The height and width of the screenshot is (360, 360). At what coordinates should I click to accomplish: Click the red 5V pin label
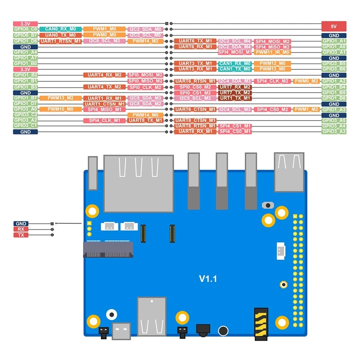point(334,26)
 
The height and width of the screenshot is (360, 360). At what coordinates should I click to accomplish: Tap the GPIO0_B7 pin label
point(25,35)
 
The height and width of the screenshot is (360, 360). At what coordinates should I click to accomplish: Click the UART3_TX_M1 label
point(195,63)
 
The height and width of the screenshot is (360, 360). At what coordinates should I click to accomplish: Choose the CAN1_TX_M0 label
point(234,69)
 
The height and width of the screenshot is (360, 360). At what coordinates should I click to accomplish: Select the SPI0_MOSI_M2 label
point(145,75)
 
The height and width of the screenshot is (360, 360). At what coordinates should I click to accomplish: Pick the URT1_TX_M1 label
point(234,98)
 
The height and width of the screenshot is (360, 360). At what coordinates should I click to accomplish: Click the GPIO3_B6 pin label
point(334,69)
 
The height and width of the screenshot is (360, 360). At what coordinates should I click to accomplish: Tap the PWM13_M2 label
point(60,98)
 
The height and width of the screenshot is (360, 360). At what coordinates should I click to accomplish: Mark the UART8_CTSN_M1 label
point(195,121)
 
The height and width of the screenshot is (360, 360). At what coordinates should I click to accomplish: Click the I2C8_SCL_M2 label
point(104,41)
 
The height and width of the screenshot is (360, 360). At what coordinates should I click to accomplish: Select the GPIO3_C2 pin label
point(25,115)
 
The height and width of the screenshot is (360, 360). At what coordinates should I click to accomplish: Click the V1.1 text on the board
point(208,279)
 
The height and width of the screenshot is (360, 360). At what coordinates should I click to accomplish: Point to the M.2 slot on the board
point(108,249)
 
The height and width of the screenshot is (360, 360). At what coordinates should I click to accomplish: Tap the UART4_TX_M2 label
point(104,87)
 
